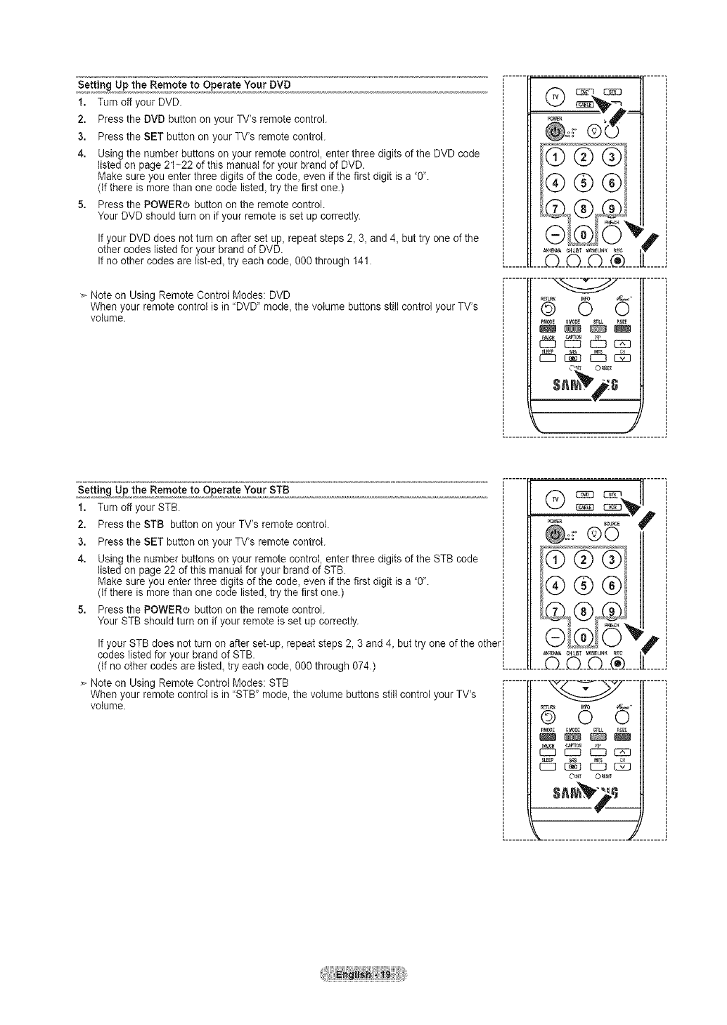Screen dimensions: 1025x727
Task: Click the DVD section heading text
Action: click(184, 85)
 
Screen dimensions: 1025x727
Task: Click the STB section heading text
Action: click(184, 489)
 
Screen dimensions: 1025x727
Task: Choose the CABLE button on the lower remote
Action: click(586, 508)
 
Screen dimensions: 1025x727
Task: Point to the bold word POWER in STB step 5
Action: click(165, 610)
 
